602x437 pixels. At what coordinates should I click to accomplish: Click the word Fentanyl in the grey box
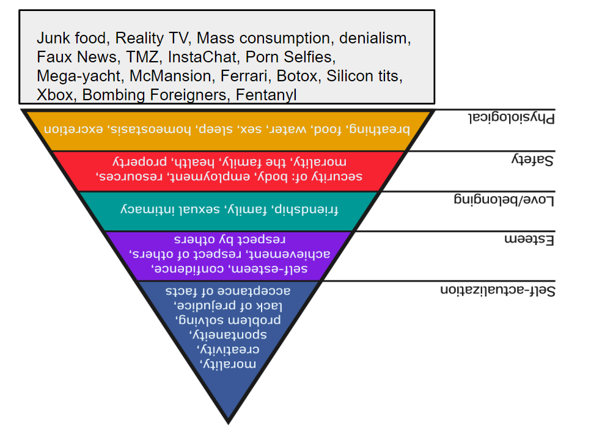266,95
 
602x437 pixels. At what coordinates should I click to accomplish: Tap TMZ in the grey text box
142,57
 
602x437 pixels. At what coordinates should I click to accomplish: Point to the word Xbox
54,95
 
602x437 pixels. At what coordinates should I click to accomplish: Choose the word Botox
298,76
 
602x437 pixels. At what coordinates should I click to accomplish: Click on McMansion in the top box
171,76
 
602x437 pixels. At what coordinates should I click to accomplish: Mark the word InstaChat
202,57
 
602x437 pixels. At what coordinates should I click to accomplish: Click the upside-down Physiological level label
512,117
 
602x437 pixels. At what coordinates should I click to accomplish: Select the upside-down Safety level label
532,159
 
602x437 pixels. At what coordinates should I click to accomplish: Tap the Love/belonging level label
504,199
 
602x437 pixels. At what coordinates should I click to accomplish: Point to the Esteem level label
529,240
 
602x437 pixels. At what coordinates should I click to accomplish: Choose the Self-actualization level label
497,290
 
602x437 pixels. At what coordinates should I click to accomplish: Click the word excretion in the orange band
74,129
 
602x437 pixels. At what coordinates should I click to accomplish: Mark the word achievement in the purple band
293,254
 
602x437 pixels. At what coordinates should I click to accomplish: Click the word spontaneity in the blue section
228,334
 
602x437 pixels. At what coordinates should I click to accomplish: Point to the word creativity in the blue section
228,349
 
